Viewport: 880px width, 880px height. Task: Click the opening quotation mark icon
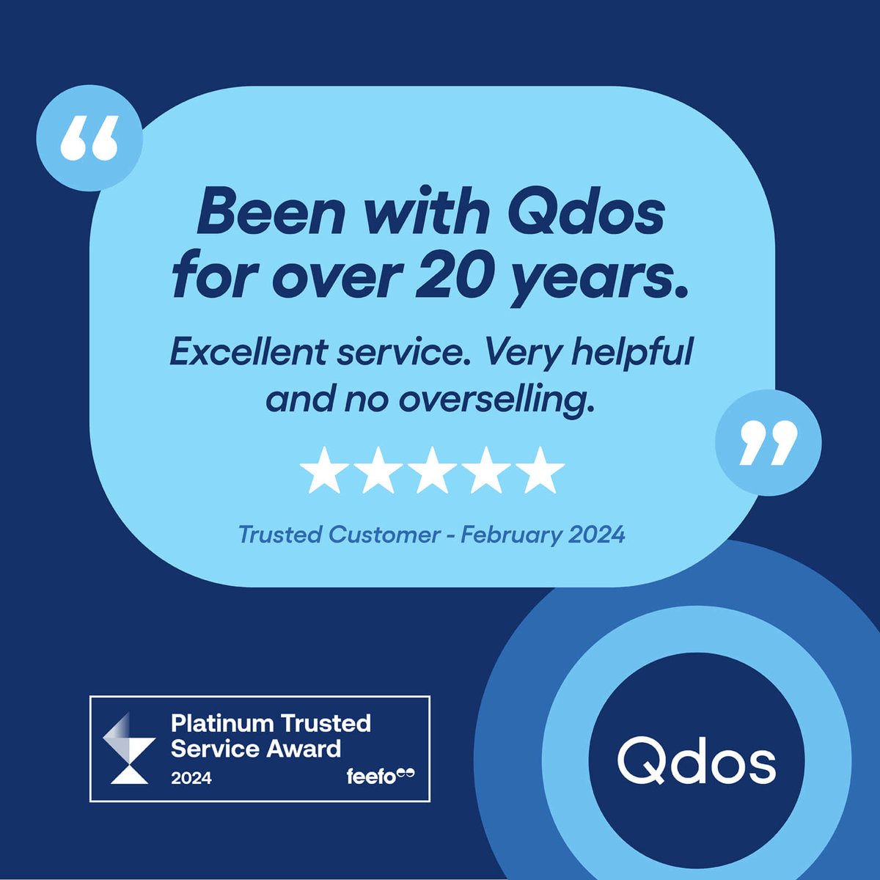(x=89, y=138)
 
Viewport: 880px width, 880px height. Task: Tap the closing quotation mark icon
(x=768, y=442)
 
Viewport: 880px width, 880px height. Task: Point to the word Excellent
(x=248, y=353)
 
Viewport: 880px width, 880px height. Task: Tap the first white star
(x=324, y=470)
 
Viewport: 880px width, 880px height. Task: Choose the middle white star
(x=432, y=470)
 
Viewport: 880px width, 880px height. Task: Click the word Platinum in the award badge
(x=217, y=724)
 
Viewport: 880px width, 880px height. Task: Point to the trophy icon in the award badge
(x=128, y=749)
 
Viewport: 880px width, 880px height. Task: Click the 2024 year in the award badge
(x=191, y=778)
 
